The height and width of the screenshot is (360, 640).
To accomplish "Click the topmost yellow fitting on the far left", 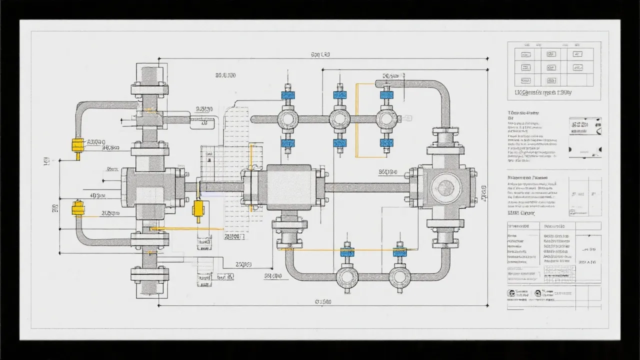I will [x=77, y=144].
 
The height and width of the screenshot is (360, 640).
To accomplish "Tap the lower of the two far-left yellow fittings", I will [x=77, y=208].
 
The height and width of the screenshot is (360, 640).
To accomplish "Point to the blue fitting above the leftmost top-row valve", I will [x=287, y=95].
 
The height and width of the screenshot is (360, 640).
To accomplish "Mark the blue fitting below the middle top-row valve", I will [x=340, y=143].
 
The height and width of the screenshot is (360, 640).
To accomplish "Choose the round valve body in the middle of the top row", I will [x=340, y=119].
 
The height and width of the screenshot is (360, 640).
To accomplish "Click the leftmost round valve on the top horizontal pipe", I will [x=288, y=119].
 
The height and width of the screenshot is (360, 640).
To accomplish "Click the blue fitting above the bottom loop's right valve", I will [x=399, y=252].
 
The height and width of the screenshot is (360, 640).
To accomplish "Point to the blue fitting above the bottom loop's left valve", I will [x=347, y=252].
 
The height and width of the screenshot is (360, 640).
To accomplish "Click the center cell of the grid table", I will [x=551, y=67].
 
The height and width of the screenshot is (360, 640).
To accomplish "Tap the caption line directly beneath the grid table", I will [x=543, y=92].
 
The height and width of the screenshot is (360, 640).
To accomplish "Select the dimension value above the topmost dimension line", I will [x=320, y=54].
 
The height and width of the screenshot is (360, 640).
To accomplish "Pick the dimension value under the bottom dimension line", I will [x=323, y=301].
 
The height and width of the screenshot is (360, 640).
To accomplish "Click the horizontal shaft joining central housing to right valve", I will [x=367, y=187].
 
